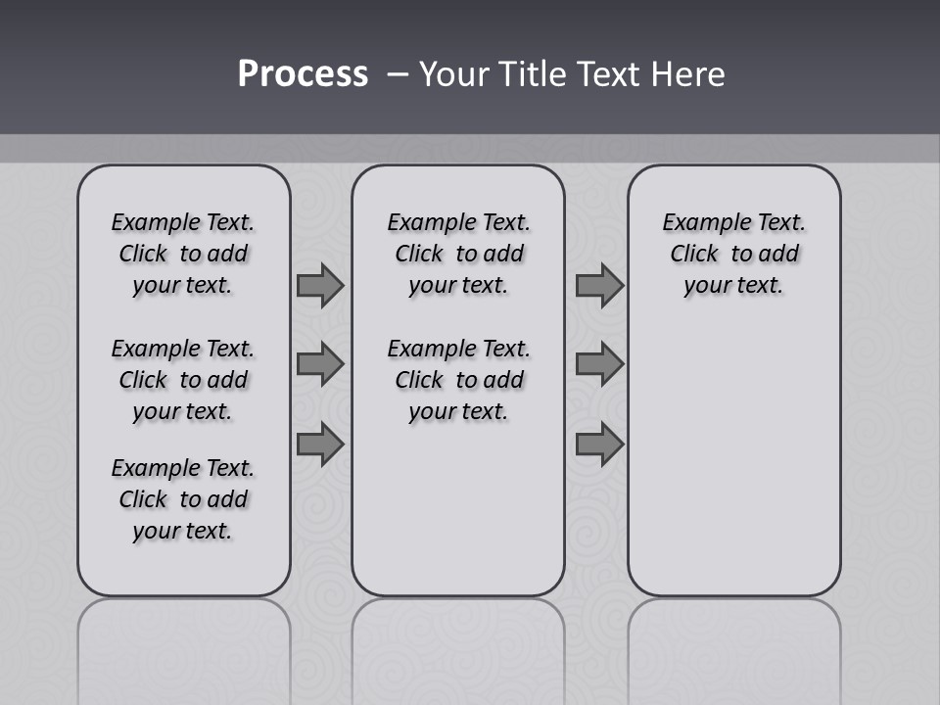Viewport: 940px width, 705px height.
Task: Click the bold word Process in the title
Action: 303,74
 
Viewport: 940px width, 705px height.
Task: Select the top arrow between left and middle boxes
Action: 320,286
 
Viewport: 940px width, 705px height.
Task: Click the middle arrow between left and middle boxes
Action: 320,364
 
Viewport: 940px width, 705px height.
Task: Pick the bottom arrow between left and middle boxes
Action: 320,445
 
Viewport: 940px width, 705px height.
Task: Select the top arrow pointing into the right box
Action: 599,286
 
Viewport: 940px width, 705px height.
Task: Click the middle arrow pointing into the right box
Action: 599,364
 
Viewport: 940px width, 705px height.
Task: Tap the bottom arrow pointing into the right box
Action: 599,445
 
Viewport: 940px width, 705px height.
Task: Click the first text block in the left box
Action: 183,254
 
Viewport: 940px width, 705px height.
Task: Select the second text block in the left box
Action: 183,380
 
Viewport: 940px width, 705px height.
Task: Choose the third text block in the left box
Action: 183,499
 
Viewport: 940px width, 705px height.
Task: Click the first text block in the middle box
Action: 458,254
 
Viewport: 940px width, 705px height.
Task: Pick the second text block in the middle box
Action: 458,380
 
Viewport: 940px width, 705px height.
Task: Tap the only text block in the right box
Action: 733,254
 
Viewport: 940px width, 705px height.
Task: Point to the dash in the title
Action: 398,74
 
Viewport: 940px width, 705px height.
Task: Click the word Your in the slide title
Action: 454,74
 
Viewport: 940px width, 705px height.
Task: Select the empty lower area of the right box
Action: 733,460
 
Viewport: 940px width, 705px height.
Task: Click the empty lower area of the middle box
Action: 458,509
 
